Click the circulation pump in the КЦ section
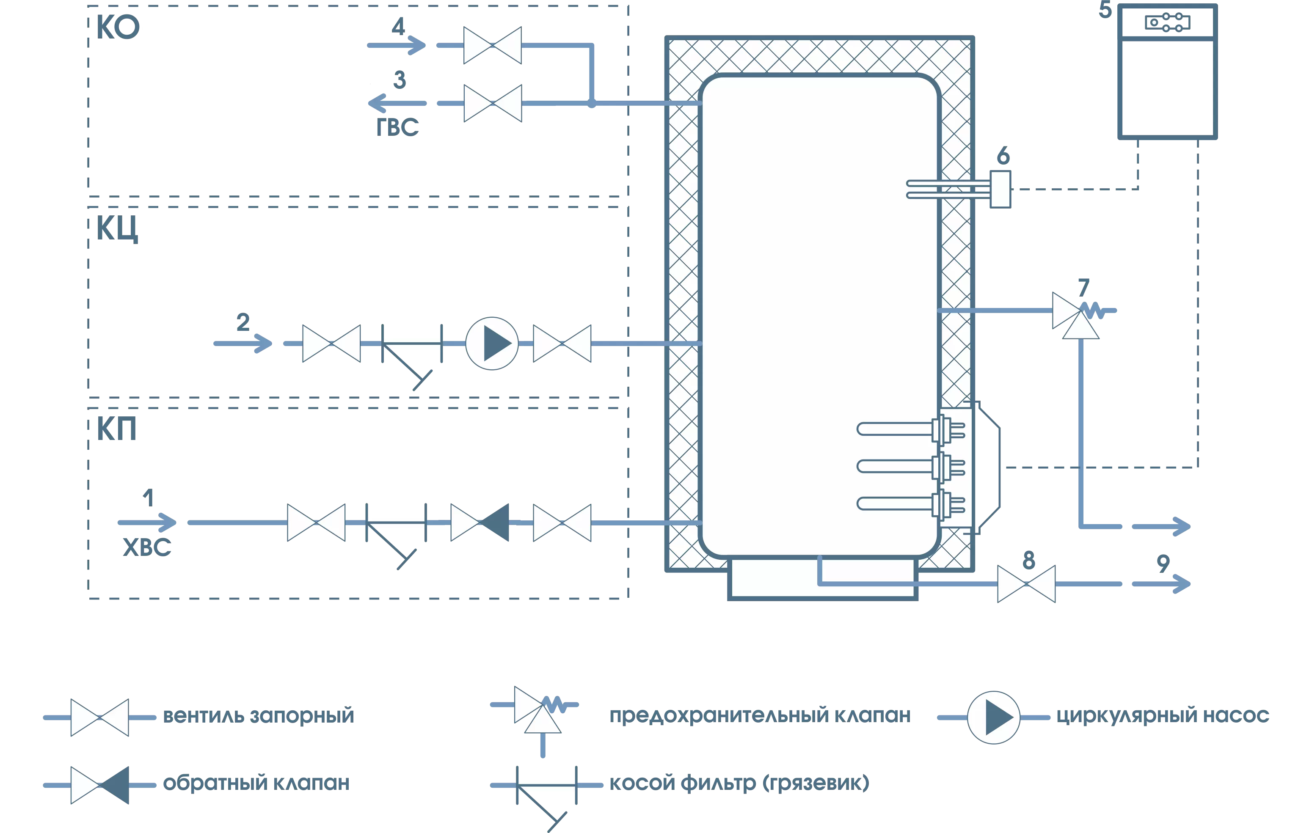click(491, 343)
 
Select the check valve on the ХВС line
click(480, 522)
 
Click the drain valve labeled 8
click(1026, 584)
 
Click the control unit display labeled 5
click(1167, 23)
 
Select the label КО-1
click(133, 27)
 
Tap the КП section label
click(116, 429)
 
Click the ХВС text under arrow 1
click(147, 547)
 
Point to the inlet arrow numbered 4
click(397, 45)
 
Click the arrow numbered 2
click(243, 343)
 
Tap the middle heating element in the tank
click(910, 466)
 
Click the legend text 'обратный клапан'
click(256, 783)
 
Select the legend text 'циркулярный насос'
click(1162, 715)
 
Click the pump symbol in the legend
click(993, 718)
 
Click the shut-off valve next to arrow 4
click(492, 45)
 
